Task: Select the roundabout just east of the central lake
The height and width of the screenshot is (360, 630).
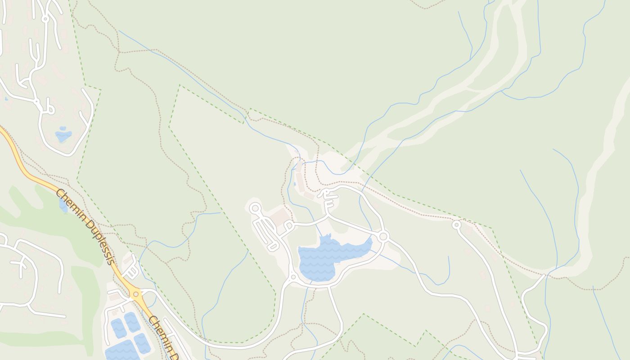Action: coord(383,236)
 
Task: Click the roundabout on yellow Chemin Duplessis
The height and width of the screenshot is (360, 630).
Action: coord(135,294)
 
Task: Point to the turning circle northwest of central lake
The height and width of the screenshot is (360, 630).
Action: coord(255,208)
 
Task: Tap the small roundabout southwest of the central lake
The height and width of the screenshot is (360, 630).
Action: coord(293,277)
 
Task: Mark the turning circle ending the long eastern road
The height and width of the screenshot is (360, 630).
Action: coord(457,224)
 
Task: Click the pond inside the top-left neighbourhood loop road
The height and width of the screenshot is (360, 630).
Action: coord(63,135)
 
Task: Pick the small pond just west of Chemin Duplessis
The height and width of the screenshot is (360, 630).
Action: coord(63,205)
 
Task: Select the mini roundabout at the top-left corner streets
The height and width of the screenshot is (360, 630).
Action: coord(45,19)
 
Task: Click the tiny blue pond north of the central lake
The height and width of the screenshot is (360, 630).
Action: coord(294,184)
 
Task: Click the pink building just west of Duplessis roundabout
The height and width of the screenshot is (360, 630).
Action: coord(114,297)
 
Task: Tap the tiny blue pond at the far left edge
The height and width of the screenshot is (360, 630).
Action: coord(6,99)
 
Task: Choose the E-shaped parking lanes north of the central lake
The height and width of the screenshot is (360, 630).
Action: coord(329,198)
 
